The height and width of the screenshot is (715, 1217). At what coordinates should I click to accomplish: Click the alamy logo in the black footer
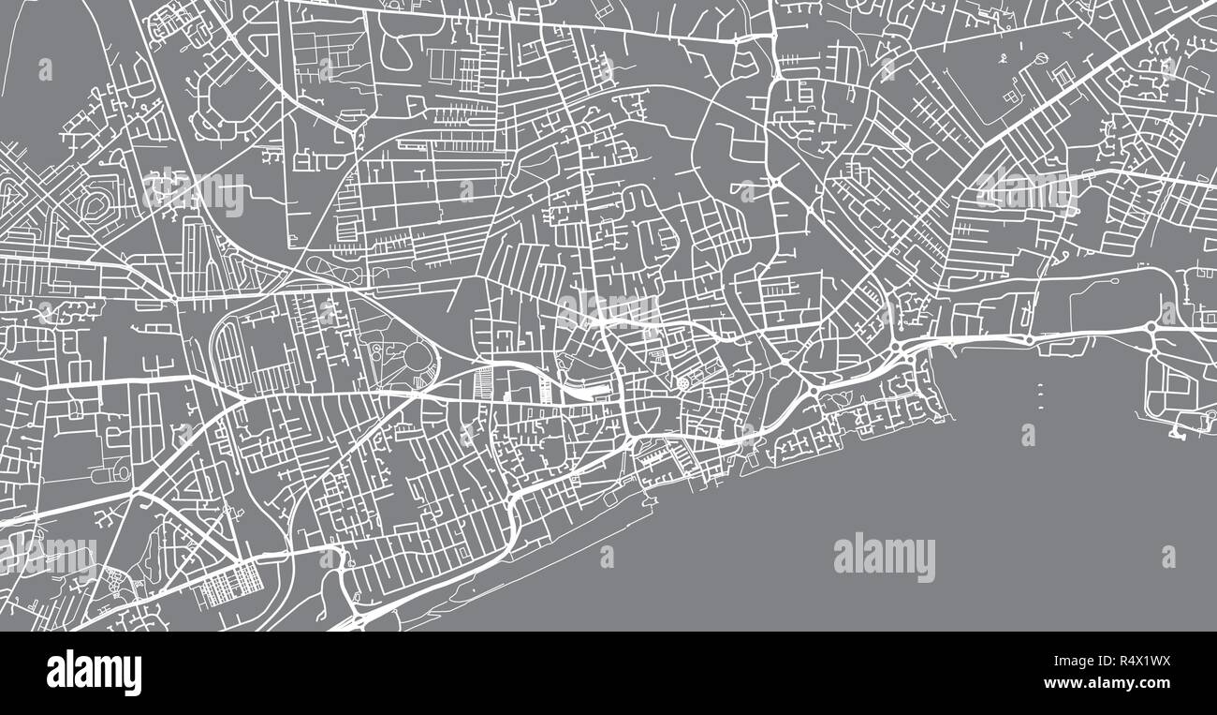pyautogui.click(x=94, y=673)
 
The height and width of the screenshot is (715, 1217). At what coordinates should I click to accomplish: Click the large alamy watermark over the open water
pyautogui.click(x=884, y=557)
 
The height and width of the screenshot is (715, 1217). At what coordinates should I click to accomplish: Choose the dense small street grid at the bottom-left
pyautogui.click(x=222, y=586)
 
